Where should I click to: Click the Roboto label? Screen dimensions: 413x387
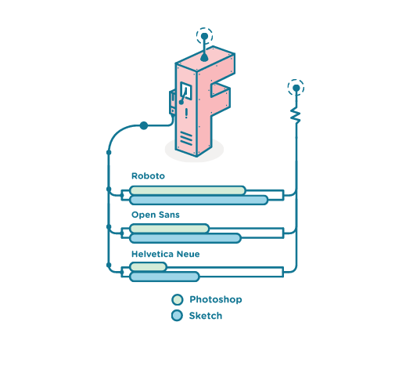click(x=148, y=176)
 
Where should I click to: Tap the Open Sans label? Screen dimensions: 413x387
click(x=156, y=215)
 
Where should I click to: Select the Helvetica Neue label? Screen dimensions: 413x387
click(x=165, y=254)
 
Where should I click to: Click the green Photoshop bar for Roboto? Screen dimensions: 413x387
click(x=188, y=190)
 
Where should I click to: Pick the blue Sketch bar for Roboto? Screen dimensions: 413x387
click(x=199, y=201)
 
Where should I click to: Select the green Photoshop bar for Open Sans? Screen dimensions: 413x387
click(x=170, y=229)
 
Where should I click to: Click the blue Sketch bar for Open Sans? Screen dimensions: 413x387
click(x=185, y=238)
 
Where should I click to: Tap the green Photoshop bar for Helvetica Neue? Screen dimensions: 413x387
click(x=148, y=266)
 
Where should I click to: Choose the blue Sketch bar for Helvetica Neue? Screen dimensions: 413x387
click(x=164, y=277)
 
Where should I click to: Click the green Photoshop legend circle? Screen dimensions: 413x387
click(x=178, y=300)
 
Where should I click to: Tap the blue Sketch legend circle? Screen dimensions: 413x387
click(x=177, y=316)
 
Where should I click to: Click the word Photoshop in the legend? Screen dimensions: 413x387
click(x=216, y=300)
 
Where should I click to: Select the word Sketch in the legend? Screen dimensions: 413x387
click(x=206, y=316)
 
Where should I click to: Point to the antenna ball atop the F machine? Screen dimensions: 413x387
click(x=204, y=36)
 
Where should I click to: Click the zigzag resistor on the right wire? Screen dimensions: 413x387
click(x=296, y=115)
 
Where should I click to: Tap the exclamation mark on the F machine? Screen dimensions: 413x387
click(x=186, y=113)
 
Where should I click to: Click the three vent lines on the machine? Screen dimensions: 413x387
click(x=186, y=139)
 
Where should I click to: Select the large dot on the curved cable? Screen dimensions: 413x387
click(x=144, y=125)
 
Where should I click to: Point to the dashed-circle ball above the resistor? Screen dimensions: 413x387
click(x=296, y=88)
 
